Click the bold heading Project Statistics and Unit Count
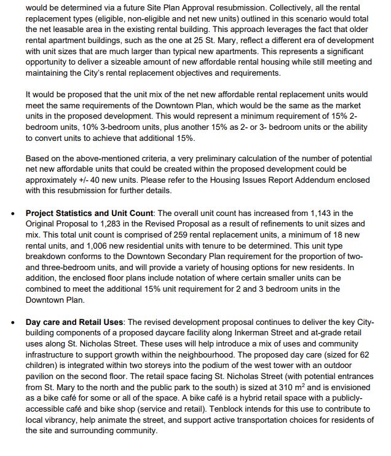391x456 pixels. tap(89, 213)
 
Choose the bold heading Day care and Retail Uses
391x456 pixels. tap(74, 322)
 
